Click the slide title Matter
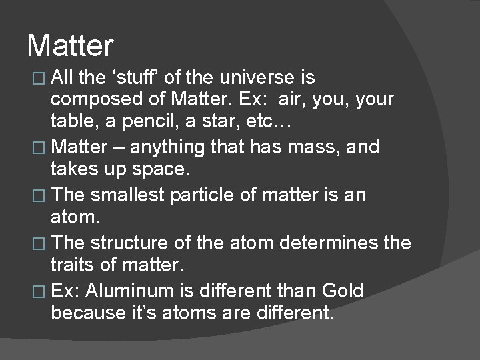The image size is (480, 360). [71, 46]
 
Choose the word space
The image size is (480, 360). [159, 169]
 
